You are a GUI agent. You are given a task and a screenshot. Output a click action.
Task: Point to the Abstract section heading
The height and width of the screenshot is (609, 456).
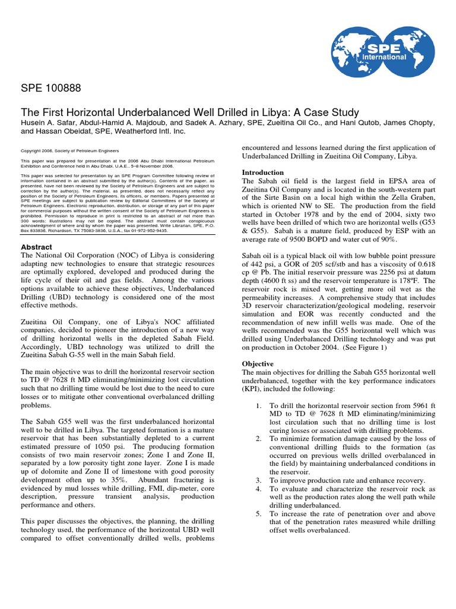37,247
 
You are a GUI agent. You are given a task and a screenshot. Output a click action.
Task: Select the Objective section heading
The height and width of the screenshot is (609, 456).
258,363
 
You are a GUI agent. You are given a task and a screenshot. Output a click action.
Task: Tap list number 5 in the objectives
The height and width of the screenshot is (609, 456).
258,513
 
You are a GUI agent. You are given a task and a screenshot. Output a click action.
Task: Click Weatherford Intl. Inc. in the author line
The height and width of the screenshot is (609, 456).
133,131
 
